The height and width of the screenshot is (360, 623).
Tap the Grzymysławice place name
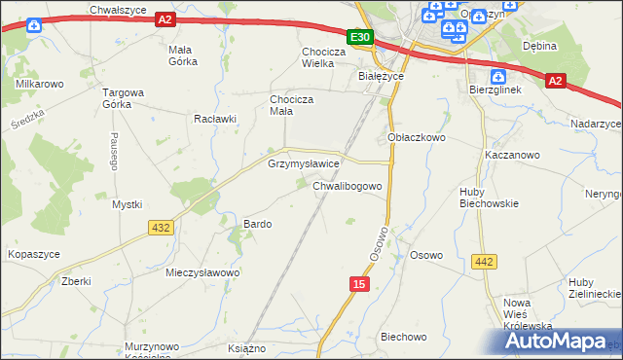(304, 164)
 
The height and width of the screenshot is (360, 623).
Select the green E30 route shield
(360, 37)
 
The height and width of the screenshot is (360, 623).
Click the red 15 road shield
(360, 283)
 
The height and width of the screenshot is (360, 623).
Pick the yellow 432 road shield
(162, 227)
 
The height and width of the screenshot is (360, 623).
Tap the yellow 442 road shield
(483, 261)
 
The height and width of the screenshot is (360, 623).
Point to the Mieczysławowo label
(202, 272)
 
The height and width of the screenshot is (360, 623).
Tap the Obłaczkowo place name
(417, 138)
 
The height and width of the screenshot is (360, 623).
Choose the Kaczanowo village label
(512, 155)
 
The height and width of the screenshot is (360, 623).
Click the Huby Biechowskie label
(489, 198)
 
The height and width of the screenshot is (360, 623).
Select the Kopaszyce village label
(34, 253)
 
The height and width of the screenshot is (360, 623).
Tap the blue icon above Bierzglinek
(499, 76)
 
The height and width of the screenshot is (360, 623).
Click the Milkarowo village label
(40, 85)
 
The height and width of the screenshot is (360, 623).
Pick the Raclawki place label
(215, 119)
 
